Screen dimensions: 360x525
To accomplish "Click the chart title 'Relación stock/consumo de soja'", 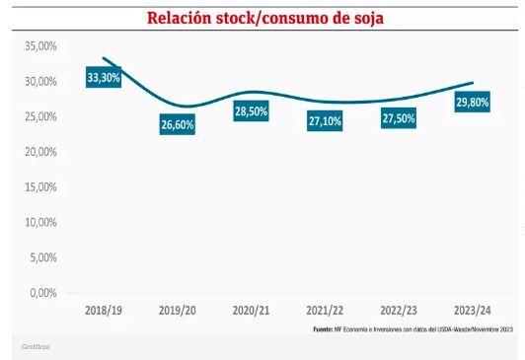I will (265, 18).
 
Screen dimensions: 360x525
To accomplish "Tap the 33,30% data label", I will (103, 77).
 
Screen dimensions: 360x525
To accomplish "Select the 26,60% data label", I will (177, 124).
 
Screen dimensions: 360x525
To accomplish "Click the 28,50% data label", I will (251, 110).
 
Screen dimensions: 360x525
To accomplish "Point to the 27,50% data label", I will (399, 117).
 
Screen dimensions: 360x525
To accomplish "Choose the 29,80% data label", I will (472, 102).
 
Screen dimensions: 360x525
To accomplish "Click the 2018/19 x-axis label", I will (103, 310).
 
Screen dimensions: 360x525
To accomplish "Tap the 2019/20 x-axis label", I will (177, 310).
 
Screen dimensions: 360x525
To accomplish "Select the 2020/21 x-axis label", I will (251, 310).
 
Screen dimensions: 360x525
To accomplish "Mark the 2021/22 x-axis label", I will (325, 310).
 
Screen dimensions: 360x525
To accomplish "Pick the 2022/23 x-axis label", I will (399, 310).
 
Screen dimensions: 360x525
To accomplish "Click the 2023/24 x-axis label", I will (472, 310).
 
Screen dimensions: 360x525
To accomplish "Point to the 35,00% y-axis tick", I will (39, 46).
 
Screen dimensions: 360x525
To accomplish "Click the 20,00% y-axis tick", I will (39, 152).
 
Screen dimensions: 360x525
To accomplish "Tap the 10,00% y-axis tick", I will (39, 222).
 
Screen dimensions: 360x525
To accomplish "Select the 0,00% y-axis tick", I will (42, 293).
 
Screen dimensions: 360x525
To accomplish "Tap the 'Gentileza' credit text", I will (36, 347).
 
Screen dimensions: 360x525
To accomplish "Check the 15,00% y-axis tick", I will (39, 186).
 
